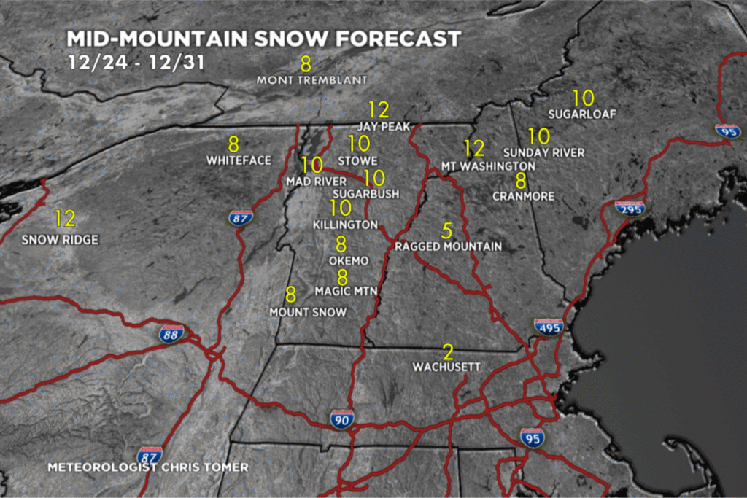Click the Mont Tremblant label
[311, 79]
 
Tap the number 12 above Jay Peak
[379, 110]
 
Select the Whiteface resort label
[239, 160]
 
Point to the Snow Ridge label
[60, 240]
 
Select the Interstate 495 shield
[548, 329]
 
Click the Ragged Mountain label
[448, 246]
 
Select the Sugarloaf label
[582, 114]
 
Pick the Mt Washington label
[488, 166]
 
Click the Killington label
[345, 225]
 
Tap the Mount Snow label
[307, 312]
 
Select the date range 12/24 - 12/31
[136, 62]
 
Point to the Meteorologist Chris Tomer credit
[148, 467]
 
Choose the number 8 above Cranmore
[521, 180]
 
